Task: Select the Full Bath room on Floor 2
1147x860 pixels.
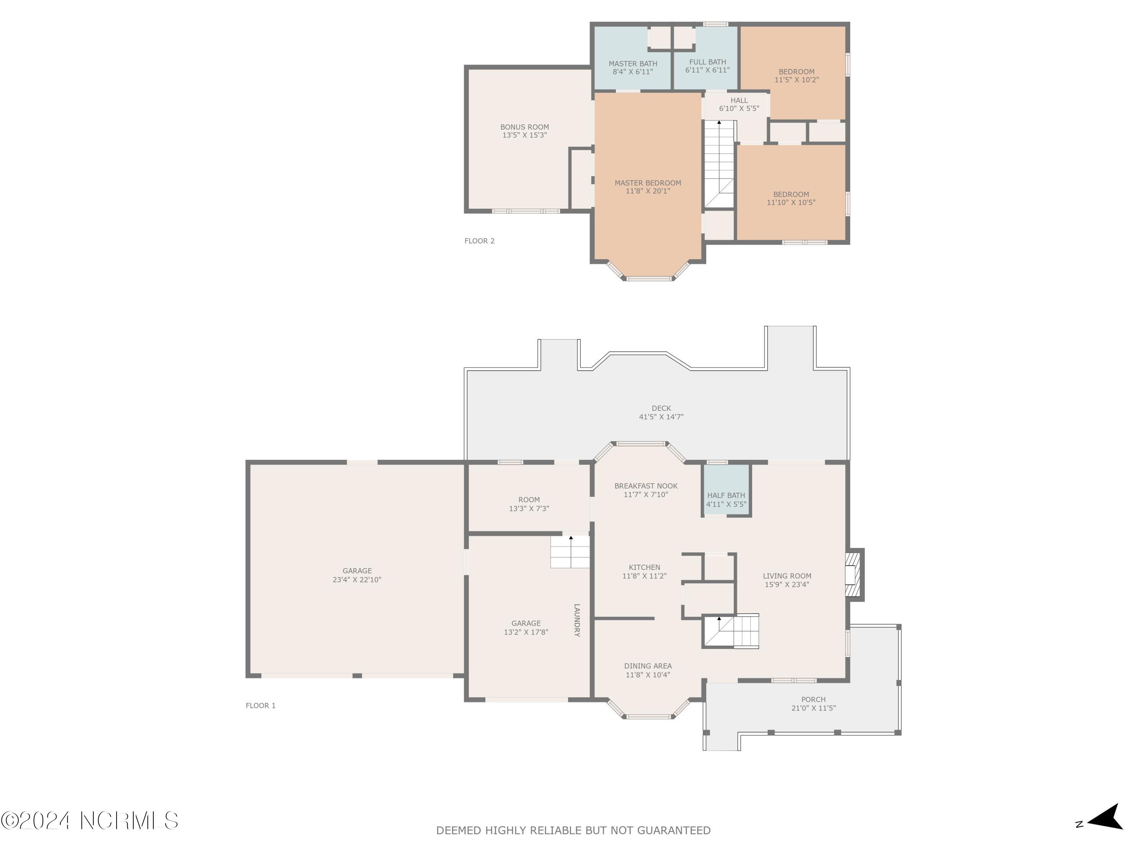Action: (707, 66)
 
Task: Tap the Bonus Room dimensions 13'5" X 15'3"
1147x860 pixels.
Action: (524, 135)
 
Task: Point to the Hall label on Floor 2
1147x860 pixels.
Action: (739, 101)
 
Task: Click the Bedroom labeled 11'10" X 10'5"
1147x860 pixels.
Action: (791, 198)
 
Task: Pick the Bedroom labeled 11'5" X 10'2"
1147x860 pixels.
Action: (796, 76)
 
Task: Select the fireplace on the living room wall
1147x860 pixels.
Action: (853, 575)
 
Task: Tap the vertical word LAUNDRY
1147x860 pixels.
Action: (577, 620)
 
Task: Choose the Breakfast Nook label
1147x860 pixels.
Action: (646, 486)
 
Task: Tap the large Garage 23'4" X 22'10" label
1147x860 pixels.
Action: (357, 575)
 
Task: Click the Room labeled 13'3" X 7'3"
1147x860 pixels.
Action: (529, 504)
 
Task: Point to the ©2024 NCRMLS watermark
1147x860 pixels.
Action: (89, 821)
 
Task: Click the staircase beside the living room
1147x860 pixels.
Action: (731, 631)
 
